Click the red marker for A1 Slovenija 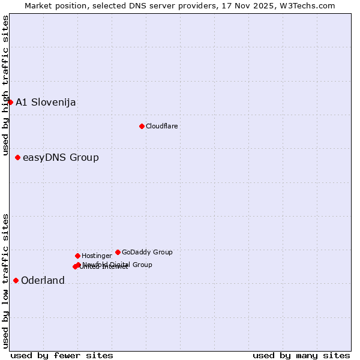pos(10,102)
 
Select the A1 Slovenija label pos(46,102)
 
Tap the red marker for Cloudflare pos(142,126)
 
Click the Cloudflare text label pos(161,126)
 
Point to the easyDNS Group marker pos(17,157)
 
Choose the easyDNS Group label pos(61,158)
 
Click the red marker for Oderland pos(16,280)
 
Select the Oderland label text pos(43,281)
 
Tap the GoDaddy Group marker pos(118,252)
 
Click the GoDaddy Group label pos(147,252)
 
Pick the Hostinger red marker pos(77,256)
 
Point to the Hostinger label pos(97,256)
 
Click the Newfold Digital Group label pos(118,264)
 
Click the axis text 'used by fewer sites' pos(62,355)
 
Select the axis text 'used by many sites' pos(301,355)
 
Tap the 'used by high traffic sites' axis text pos(5,85)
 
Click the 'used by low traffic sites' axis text pos(5,280)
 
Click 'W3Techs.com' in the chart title pos(310,5)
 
